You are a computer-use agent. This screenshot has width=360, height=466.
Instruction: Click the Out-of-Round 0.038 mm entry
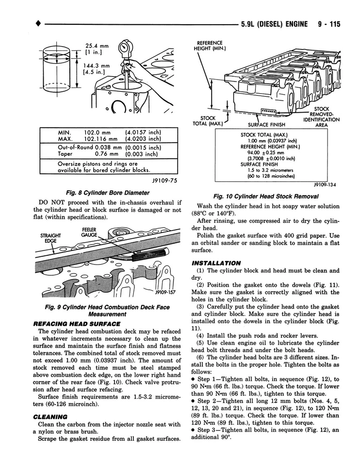[90, 147]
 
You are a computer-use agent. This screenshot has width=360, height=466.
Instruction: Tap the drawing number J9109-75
[164, 180]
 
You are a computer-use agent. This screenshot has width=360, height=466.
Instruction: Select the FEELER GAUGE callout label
[89, 232]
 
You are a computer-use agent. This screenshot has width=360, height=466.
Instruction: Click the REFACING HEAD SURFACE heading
[76, 323]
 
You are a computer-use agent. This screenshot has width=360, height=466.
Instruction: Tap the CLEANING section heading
[50, 416]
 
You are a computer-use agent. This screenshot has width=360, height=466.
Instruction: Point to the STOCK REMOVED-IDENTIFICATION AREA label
[321, 116]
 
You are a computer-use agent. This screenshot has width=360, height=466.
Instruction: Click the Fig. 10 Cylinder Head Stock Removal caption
[265, 196]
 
